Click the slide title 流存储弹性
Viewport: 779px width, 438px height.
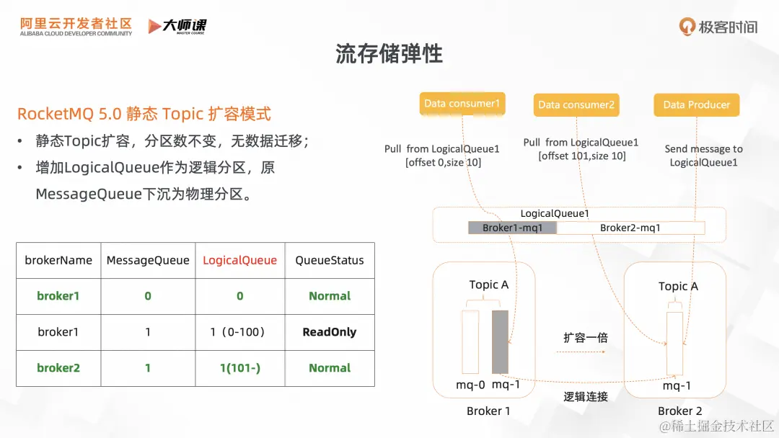(x=389, y=54)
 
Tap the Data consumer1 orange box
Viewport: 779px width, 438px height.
(x=462, y=104)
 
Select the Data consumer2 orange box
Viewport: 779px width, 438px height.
(x=576, y=104)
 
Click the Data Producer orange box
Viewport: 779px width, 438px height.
(x=696, y=104)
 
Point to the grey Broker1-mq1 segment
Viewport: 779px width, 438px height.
(x=512, y=228)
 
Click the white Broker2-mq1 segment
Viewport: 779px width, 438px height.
(x=630, y=228)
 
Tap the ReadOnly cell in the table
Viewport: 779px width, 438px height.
(x=330, y=332)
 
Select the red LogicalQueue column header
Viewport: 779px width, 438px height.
(x=239, y=260)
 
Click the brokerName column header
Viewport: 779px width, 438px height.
(x=58, y=260)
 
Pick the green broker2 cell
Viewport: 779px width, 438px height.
(x=58, y=368)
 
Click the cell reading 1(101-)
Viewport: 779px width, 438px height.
(x=239, y=368)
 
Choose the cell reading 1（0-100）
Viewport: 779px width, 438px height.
(x=239, y=332)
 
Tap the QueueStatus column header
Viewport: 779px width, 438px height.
(x=330, y=260)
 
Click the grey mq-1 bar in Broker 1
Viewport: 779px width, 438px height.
(x=500, y=342)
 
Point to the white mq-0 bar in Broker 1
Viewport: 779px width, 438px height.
(x=470, y=342)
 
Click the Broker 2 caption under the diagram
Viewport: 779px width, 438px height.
(x=679, y=411)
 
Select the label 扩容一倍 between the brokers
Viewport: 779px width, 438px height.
(x=586, y=337)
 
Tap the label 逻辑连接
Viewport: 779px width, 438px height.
(x=586, y=396)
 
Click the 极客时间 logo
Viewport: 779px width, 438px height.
(x=718, y=27)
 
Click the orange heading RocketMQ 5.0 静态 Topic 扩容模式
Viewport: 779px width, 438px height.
(x=144, y=114)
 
